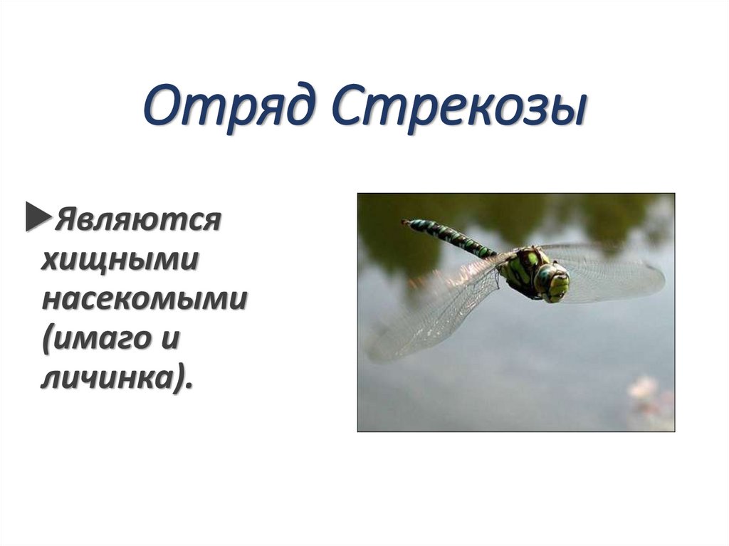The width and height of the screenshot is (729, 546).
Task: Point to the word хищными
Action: point(119,261)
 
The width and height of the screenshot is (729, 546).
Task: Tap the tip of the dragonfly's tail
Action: point(406,223)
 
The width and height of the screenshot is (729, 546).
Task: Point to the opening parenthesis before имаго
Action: point(47,340)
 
